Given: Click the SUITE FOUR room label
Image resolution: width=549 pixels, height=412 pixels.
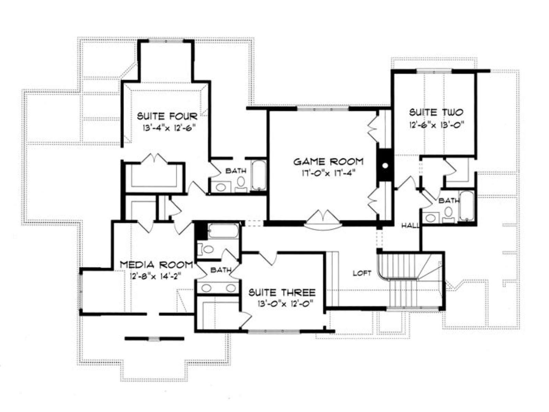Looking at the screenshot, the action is coord(167,116).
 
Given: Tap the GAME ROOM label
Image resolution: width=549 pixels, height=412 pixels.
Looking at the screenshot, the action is coord(328,162).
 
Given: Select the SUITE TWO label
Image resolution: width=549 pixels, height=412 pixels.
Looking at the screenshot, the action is coord(436,112).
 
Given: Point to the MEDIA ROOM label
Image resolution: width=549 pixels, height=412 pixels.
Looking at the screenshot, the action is coord(156,265).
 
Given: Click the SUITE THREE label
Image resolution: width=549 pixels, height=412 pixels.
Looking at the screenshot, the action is coord(282,292).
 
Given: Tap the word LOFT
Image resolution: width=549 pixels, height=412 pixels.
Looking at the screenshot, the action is coord(362,273).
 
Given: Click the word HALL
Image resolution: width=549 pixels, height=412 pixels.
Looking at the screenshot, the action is coord(410,226).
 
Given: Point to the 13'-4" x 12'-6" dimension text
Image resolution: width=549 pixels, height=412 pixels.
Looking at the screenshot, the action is coord(168,128).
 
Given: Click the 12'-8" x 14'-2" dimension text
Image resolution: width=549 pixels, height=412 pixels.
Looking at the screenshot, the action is coord(155,276).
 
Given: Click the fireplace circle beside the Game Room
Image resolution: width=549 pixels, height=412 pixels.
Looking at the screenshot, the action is coord(385,165).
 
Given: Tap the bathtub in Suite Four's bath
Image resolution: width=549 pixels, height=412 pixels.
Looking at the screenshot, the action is coord(259,175).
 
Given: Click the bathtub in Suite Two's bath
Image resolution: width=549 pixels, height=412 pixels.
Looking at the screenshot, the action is coord(467,206).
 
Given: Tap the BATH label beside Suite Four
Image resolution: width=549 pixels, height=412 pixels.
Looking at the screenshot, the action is coord(236,171).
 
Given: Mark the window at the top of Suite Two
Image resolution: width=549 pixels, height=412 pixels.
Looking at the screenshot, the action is coord(434,71).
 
